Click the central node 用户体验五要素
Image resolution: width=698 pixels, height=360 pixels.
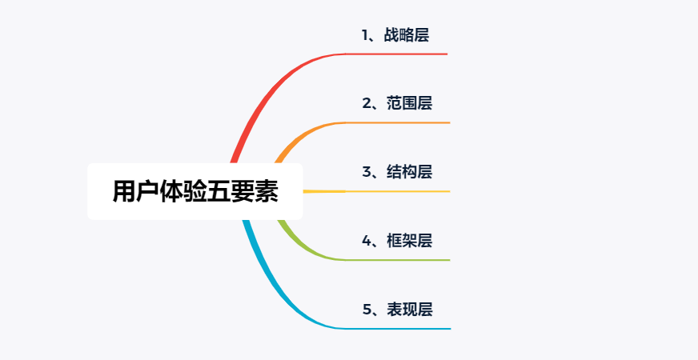coord(195,191)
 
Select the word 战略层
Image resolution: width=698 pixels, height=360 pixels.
coord(407,35)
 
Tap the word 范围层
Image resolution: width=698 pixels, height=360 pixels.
coord(409,104)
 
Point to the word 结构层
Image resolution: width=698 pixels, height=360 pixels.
coord(409,172)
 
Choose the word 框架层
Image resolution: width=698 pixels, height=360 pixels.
coord(409,241)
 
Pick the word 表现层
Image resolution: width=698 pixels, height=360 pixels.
coord(409,310)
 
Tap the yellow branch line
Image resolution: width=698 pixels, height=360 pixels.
coord(376,191)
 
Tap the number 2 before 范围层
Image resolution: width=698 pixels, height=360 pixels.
coord(366,104)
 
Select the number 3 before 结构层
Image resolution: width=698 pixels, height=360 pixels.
coord(366,172)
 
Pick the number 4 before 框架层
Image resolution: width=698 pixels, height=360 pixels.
coord(367,241)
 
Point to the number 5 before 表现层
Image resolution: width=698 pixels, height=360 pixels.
coord(367,310)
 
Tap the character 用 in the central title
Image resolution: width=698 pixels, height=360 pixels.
coord(124,192)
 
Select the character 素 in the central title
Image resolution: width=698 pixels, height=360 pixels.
coord(267,192)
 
